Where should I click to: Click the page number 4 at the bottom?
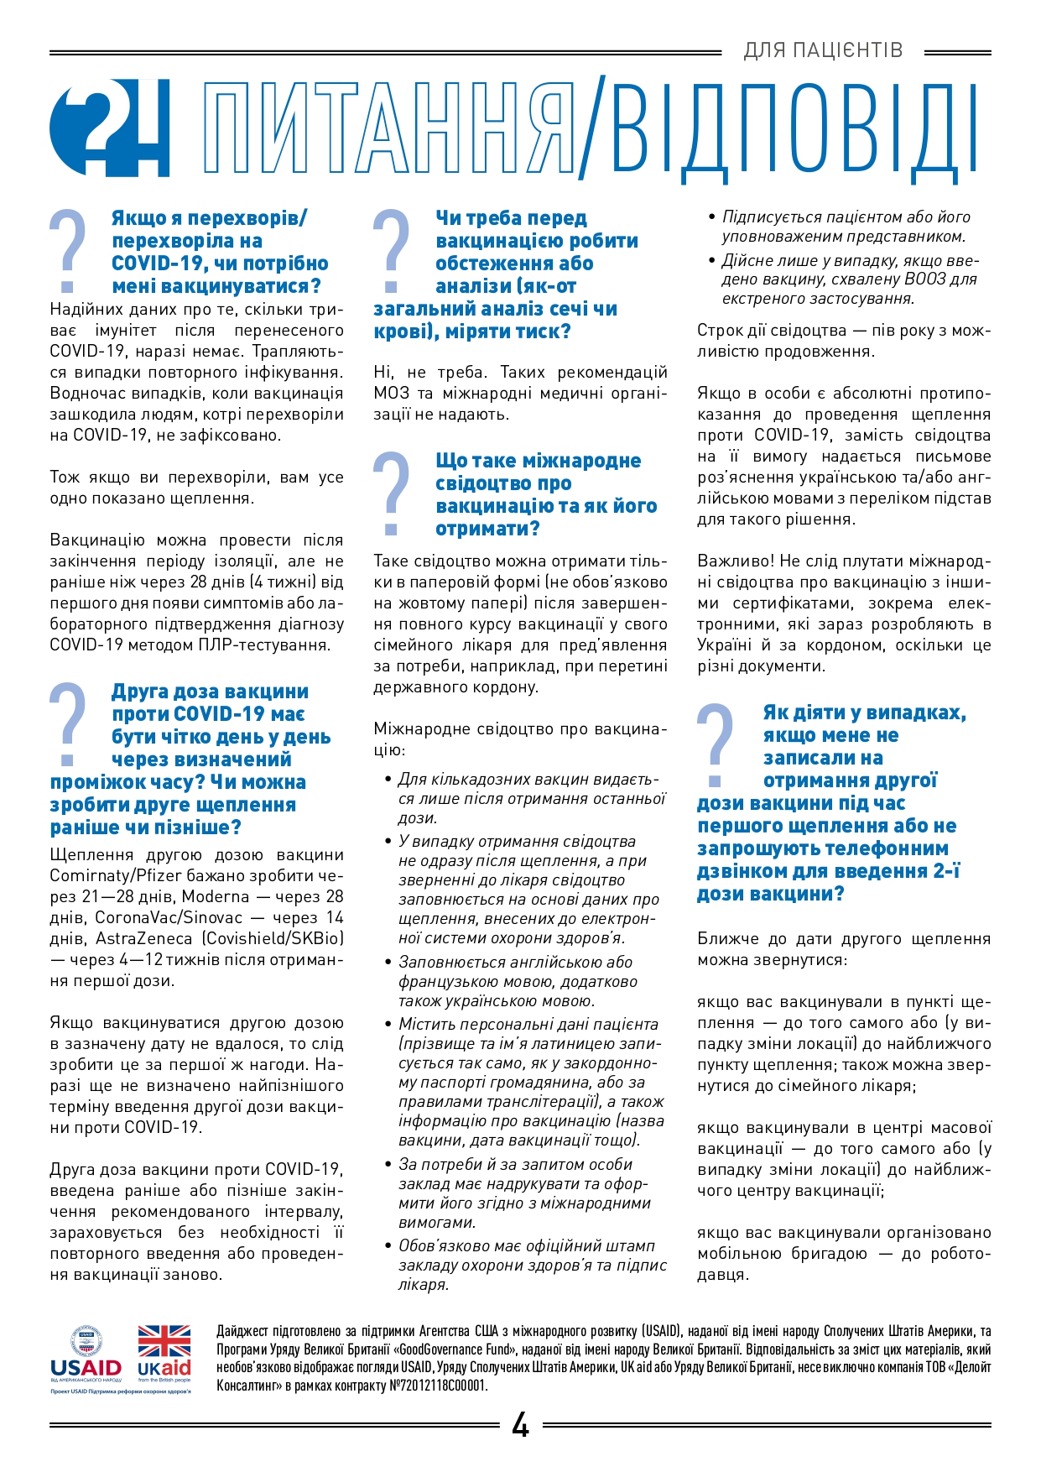coord(520,1425)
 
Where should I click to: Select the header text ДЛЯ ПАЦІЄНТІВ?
coord(823,50)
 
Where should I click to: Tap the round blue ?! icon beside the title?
coord(109,128)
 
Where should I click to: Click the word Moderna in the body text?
coord(216,896)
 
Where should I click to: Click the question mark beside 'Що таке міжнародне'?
coord(391,493)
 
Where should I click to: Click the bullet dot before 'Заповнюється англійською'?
coord(388,963)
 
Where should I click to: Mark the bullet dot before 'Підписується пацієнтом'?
coord(712,218)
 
